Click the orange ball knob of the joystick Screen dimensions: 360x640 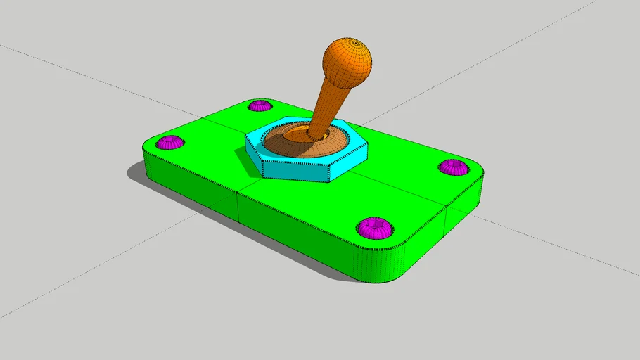tap(347, 61)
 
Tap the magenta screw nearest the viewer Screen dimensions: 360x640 tap(374, 227)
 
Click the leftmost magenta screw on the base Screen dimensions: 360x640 tap(169, 143)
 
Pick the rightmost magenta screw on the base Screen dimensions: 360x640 tap(454, 167)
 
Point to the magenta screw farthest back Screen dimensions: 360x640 tap(260, 106)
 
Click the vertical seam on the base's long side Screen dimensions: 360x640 tap(238, 205)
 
